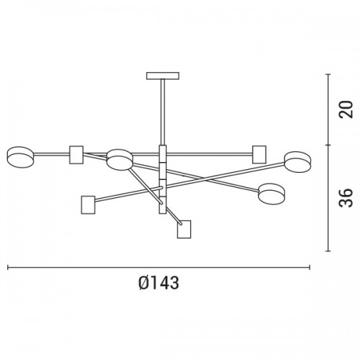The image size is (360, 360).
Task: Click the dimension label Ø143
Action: (x=158, y=283)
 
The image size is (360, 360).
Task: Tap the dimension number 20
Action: (x=346, y=109)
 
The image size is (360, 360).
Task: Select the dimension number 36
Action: (x=346, y=198)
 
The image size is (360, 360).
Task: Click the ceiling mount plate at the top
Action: (x=163, y=76)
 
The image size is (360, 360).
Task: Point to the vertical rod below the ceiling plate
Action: (x=163, y=112)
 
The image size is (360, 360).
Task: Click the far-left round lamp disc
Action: (x=20, y=157)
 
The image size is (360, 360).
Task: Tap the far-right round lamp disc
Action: (x=297, y=161)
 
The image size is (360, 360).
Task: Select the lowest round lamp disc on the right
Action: (x=271, y=194)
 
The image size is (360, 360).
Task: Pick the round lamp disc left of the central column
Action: (x=120, y=160)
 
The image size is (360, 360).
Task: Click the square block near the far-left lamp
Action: (x=76, y=155)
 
